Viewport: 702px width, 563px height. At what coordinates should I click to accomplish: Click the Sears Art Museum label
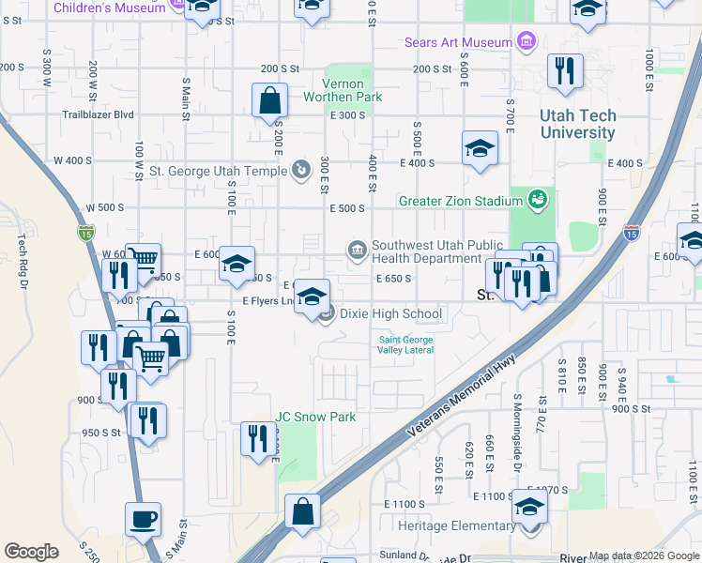pos(458,42)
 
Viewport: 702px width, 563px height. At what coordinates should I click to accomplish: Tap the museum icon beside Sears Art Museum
pos(526,41)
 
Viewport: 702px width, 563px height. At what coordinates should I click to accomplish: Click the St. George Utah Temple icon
pos(300,170)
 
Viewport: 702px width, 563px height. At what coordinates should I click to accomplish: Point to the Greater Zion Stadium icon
pos(537,200)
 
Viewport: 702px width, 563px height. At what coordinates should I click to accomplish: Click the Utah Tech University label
pos(578,124)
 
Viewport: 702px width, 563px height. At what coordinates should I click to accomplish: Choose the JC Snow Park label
pos(315,417)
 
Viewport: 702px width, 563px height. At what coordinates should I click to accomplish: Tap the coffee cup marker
pos(143,519)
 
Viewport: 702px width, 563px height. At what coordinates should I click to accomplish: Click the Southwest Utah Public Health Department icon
pos(358,250)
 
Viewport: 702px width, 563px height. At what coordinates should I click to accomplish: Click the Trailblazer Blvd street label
pos(98,115)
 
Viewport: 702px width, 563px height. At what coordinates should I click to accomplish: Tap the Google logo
pos(31,552)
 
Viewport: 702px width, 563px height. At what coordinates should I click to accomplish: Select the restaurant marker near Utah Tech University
pos(565,72)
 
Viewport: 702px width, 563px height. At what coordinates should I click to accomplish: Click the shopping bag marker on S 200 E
pos(269,101)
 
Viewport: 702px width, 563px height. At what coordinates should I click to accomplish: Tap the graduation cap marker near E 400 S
pos(480,149)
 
